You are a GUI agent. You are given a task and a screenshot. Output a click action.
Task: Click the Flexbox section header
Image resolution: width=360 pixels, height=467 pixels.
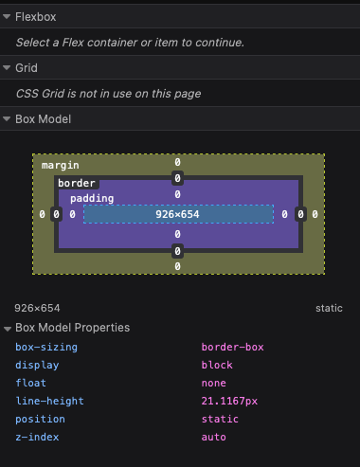36,16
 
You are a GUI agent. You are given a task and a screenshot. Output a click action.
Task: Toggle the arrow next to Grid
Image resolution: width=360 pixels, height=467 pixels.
7,68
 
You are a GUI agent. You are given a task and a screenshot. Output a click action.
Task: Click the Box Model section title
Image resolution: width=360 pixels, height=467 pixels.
43,119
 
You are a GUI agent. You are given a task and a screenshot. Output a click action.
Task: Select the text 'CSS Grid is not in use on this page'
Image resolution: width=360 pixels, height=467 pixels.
108,94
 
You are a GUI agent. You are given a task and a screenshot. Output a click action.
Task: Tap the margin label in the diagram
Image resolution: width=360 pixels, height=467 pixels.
61,165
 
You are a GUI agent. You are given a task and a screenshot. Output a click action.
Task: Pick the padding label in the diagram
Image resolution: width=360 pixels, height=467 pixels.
92,198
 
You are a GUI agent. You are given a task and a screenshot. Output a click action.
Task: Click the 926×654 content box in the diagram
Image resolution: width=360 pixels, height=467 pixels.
178,215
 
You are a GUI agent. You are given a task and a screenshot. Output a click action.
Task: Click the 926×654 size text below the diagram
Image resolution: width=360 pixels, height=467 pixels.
37,309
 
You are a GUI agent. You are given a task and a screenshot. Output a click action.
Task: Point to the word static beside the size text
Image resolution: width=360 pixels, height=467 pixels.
330,309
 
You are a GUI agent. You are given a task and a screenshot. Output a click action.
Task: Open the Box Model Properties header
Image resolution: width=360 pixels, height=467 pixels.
72,328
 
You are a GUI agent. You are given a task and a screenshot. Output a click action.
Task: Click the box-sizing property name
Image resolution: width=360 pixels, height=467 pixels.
46,347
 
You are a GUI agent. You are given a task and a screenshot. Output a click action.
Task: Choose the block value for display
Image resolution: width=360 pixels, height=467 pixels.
217,365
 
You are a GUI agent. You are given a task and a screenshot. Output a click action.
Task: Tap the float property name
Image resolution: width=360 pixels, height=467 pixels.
30,383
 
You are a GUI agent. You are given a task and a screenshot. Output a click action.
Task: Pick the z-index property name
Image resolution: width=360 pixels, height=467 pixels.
37,437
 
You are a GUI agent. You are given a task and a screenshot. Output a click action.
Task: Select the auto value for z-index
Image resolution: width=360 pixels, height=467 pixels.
214,437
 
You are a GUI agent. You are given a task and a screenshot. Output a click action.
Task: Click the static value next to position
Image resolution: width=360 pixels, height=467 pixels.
220,419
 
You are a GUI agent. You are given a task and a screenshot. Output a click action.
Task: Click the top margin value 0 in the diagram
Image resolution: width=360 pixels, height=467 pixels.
178,163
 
